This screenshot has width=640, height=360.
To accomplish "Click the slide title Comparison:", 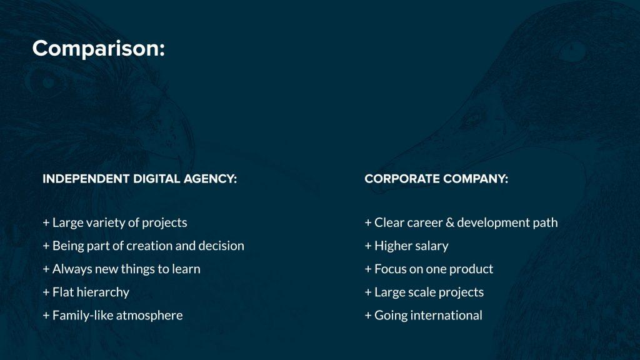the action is tap(98, 49).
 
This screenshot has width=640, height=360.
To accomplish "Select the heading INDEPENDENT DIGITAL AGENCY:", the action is tap(139, 179).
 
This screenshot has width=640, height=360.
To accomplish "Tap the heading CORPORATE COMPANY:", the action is tap(436, 179).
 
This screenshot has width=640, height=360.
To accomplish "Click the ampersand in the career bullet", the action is tap(450, 222).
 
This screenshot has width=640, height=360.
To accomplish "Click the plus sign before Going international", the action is tap(367, 316).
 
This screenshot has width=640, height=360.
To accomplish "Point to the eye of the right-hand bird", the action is tap(571, 51).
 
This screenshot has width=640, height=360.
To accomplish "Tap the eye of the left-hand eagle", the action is tap(49, 83).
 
